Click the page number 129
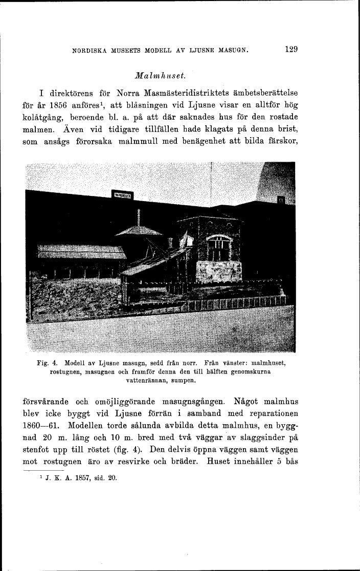292,50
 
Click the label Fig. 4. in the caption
46,363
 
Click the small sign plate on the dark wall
122,195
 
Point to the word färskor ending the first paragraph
283,143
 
